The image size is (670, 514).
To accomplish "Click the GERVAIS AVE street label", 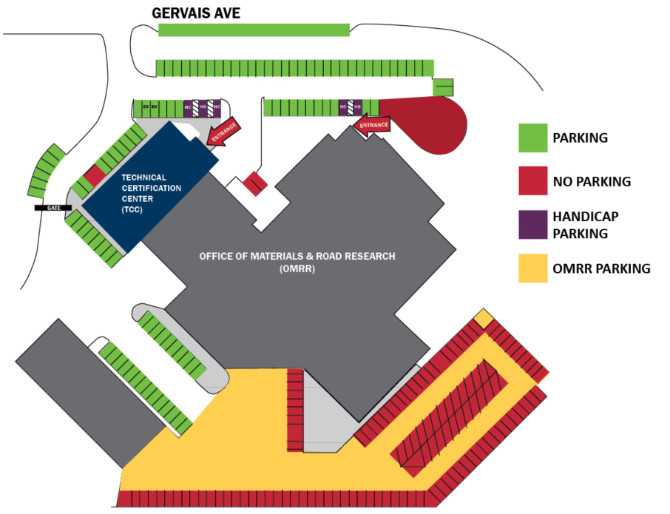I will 196,13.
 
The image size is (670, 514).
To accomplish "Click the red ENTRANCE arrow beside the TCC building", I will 224,132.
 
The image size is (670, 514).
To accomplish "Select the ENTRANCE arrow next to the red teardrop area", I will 372,125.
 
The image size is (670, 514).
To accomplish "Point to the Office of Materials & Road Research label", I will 297,262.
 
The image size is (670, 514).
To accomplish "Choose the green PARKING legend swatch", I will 532,138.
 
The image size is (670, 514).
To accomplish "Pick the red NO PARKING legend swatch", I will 532,181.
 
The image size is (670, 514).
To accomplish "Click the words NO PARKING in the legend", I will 592,181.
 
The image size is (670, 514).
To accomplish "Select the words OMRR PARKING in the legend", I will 601,268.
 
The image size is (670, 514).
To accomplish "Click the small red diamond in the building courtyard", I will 255,183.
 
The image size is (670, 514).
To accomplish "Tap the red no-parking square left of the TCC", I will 95,176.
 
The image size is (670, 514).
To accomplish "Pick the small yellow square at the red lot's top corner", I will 483,319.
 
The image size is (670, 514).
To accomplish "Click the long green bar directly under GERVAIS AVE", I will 254,30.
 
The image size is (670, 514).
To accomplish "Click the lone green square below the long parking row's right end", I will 443,87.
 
